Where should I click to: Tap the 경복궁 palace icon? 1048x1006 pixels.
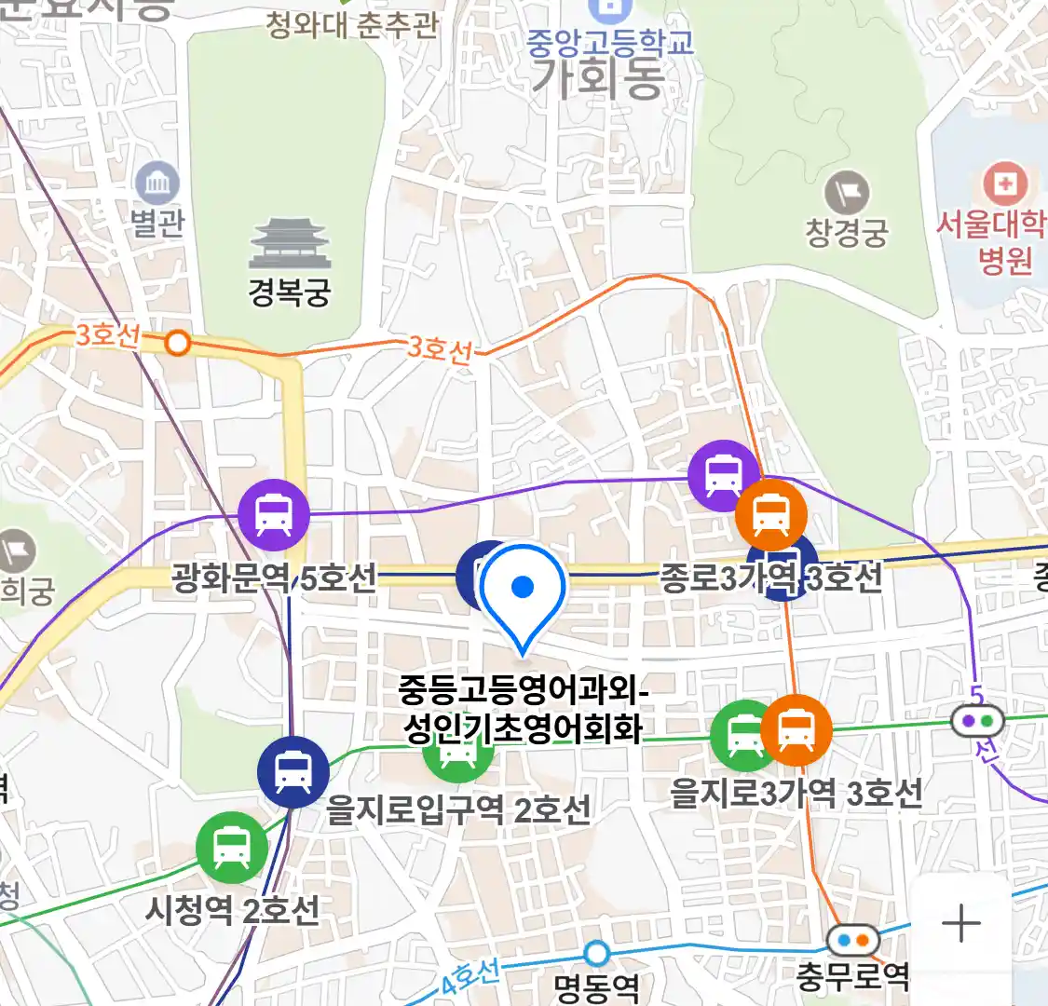tap(290, 244)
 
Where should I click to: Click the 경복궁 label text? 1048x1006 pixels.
tap(290, 292)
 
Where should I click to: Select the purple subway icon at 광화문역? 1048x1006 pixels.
tap(274, 514)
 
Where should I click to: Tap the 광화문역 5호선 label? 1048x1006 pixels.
tap(274, 578)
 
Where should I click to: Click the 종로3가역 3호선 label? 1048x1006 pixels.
tap(771, 578)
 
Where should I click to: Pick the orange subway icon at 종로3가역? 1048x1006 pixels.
tap(771, 514)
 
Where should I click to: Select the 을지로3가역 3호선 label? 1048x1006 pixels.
tap(796, 794)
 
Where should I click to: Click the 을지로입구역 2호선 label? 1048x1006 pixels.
tap(458, 809)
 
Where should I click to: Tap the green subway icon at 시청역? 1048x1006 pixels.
tap(232, 848)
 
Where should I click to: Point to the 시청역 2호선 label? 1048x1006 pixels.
tap(232, 909)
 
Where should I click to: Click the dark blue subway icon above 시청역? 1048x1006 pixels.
tap(293, 771)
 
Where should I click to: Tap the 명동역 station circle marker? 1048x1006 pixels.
tap(596, 953)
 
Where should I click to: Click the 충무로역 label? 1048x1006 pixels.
tap(852, 976)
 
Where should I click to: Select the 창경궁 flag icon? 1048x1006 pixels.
tap(847, 194)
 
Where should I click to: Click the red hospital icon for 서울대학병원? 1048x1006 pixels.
tap(1004, 183)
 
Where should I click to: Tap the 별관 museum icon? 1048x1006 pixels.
tap(157, 184)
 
